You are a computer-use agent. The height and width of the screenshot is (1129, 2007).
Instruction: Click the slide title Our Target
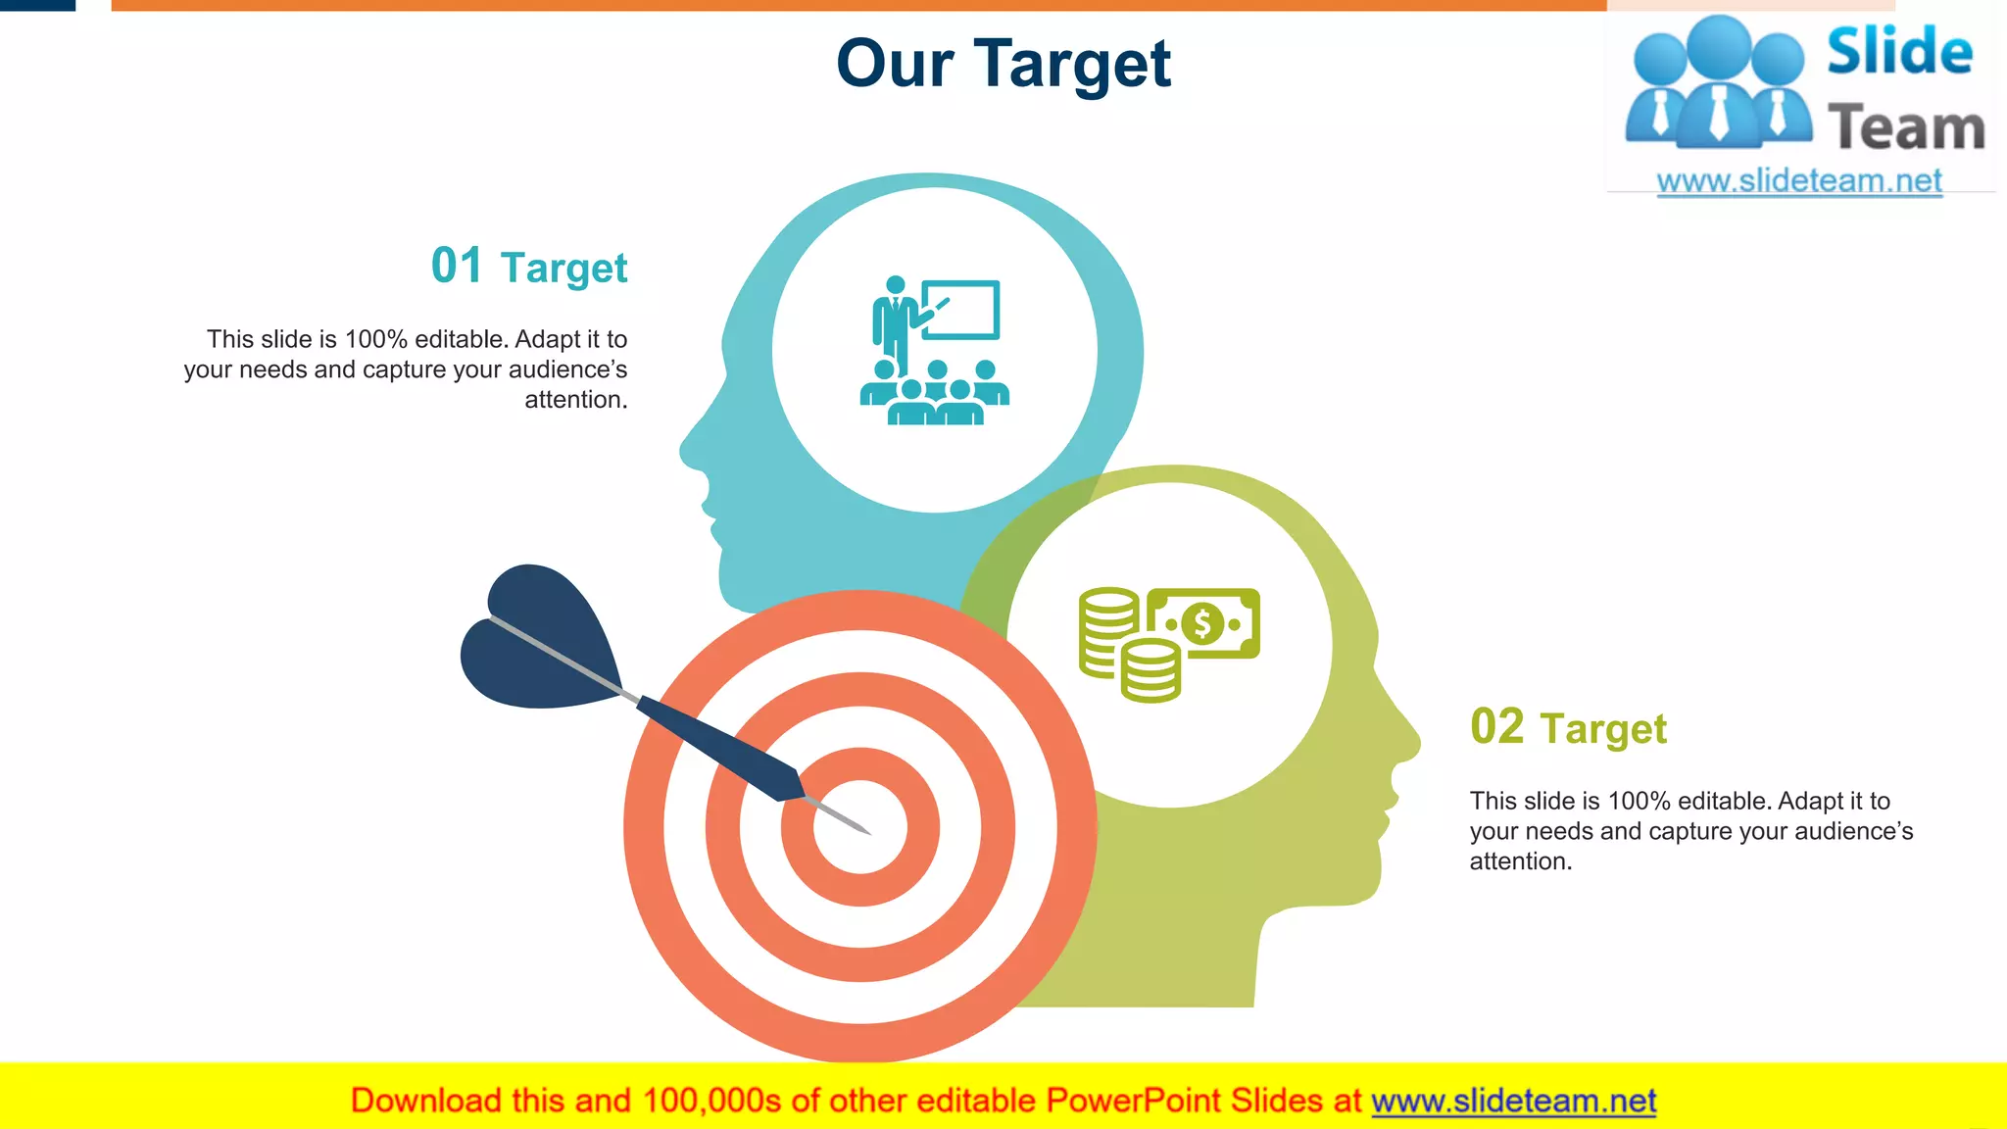click(x=1003, y=65)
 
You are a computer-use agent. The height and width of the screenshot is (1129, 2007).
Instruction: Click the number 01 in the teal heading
click(x=457, y=266)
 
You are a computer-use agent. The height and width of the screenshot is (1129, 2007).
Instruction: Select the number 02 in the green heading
click(x=1496, y=727)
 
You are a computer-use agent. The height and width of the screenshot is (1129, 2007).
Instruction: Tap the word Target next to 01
click(x=563, y=269)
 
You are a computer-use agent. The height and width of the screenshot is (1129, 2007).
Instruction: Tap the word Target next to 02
click(x=1602, y=730)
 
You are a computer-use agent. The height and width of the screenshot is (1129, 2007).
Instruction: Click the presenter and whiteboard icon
click(x=934, y=351)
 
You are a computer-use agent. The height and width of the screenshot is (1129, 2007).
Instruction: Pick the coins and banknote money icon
click(x=1168, y=644)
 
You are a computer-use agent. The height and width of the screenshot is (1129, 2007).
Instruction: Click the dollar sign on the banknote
click(x=1202, y=623)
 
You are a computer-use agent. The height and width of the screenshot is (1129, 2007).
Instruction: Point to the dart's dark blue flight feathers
click(x=534, y=637)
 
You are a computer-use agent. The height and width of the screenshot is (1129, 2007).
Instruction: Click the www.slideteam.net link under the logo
click(x=1798, y=181)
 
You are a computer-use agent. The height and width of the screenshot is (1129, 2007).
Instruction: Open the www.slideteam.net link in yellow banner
click(x=1513, y=1102)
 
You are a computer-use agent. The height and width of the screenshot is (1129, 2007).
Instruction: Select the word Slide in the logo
click(x=1899, y=52)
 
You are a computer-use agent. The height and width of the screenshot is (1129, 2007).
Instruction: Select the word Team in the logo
click(x=1906, y=128)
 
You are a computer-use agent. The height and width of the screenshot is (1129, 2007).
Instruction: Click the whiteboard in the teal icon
click(x=961, y=310)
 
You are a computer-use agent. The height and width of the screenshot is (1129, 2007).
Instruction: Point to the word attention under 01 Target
click(x=575, y=400)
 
